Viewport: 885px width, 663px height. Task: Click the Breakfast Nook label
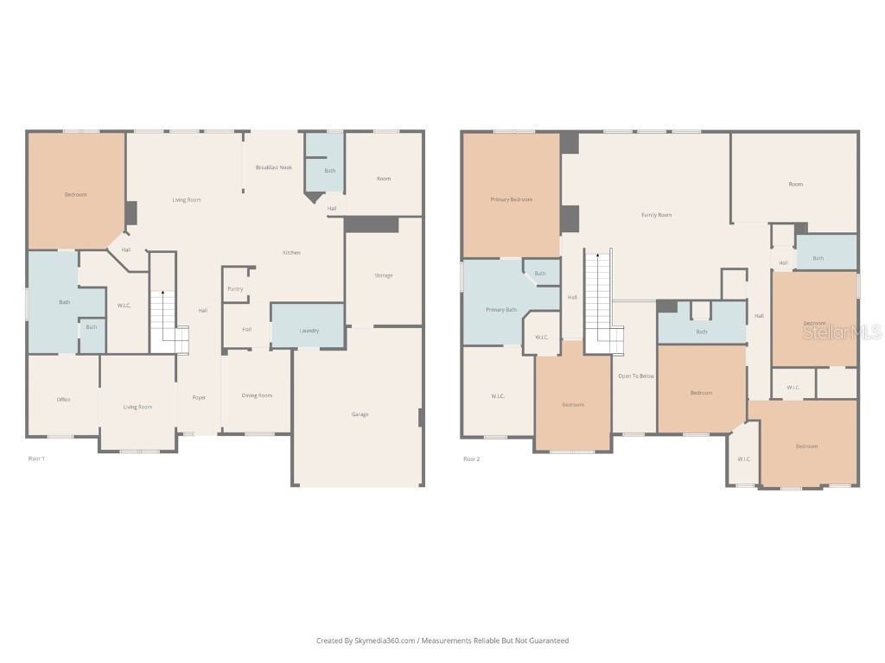coord(273,167)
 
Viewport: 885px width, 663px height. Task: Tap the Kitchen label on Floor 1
coord(292,252)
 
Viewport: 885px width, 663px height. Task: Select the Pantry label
coord(235,288)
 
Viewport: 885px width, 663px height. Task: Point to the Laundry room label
coord(309,331)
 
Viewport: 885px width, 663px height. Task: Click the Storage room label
coord(384,275)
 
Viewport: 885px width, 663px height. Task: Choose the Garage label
coord(360,414)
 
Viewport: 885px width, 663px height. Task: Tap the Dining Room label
coord(257,395)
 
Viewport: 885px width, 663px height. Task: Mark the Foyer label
coord(199,398)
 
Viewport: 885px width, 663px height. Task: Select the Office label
coord(63,400)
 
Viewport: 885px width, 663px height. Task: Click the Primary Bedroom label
coord(511,199)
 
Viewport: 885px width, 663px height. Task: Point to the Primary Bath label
coord(500,309)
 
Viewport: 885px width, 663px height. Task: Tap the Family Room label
coord(656,214)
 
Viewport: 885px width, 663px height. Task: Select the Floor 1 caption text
coord(36,458)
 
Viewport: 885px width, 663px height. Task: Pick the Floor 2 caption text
coord(471,458)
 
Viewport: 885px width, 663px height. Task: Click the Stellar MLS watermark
coord(842,331)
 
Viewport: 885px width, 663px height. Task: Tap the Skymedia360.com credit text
coord(442,641)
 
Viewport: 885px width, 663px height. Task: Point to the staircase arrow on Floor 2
coord(597,256)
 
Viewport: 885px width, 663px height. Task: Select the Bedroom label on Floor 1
coord(76,194)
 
